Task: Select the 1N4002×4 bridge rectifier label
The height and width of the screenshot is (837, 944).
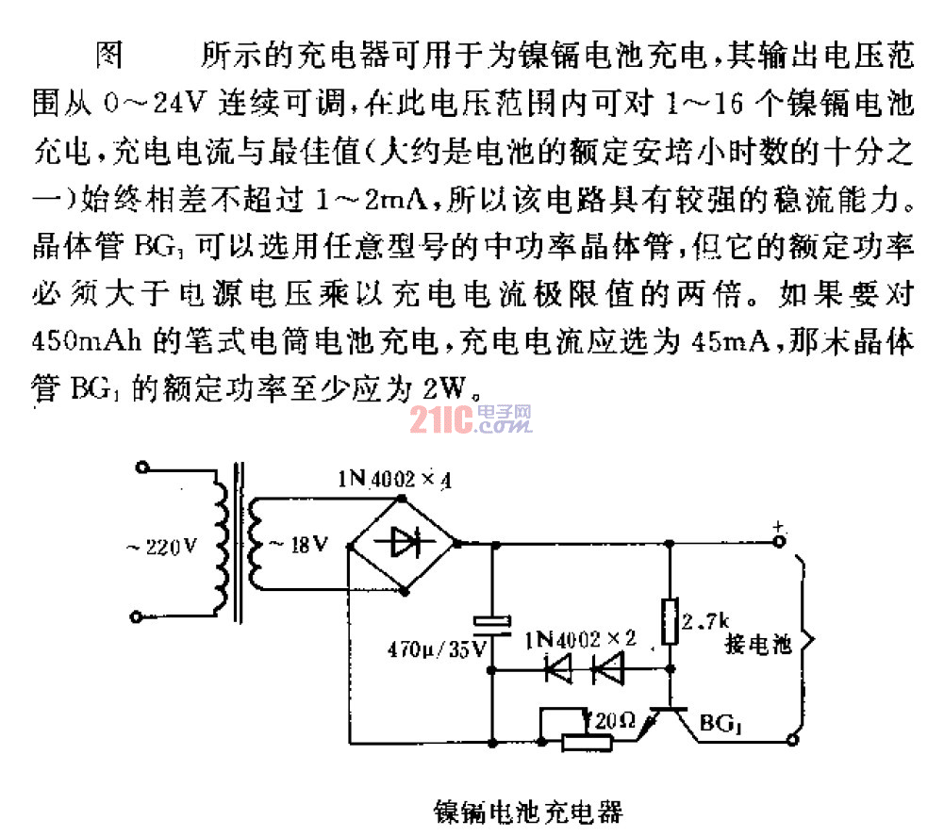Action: [x=395, y=480]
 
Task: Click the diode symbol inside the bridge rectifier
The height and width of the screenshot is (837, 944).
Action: [x=403, y=541]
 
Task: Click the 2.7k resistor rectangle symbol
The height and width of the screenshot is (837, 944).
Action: [x=670, y=620]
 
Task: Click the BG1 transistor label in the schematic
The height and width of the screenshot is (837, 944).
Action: [x=720, y=725]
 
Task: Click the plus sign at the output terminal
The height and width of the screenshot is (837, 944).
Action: [x=778, y=526]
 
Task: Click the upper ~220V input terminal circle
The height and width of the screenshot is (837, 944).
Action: [x=142, y=468]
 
